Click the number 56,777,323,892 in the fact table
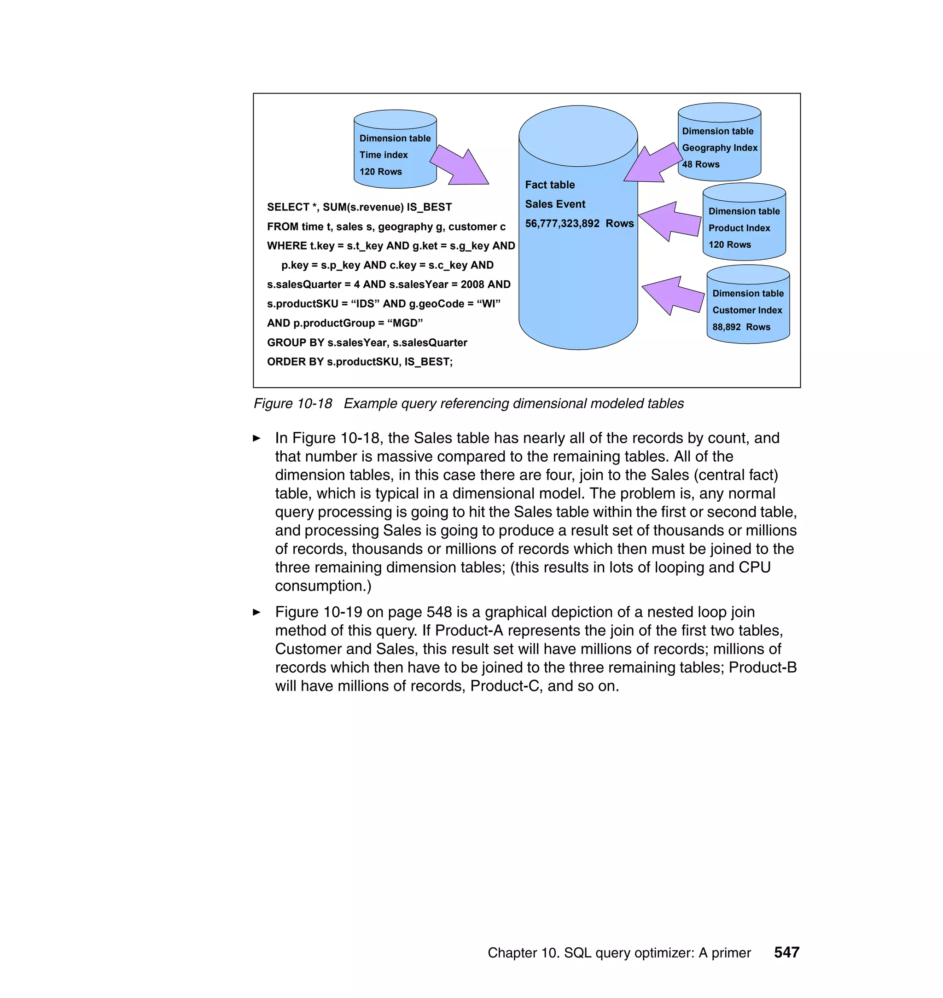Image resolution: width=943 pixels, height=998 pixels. [x=562, y=224]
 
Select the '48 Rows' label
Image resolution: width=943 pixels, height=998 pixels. [x=701, y=164]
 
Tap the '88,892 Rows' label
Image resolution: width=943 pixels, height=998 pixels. [x=741, y=327]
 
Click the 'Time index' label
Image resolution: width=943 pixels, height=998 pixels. [x=384, y=155]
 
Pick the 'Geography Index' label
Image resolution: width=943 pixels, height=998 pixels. [x=719, y=148]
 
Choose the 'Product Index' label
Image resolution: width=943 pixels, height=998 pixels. [x=739, y=228]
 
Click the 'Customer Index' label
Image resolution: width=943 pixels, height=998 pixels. [x=747, y=311]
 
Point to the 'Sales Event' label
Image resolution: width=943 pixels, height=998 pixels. [x=555, y=204]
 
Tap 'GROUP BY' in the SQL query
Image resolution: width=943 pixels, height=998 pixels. [x=296, y=342]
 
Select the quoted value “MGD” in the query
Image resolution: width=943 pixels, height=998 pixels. [x=405, y=323]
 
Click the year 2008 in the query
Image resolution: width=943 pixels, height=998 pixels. [x=472, y=284]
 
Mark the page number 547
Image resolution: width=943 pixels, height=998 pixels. [x=786, y=952]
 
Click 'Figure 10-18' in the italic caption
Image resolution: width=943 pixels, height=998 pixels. [x=292, y=404]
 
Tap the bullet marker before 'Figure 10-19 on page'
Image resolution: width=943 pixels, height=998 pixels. [x=257, y=612]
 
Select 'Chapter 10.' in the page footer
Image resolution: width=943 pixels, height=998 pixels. [x=523, y=953]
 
